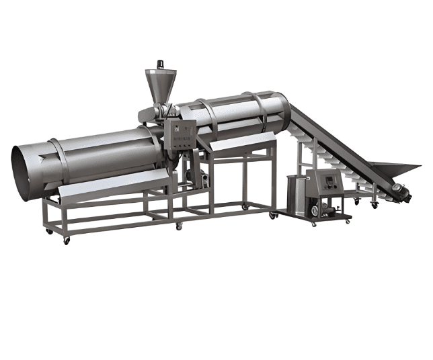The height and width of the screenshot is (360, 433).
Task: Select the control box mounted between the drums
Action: tap(182, 135)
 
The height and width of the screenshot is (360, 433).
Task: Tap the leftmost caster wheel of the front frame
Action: tap(49, 231)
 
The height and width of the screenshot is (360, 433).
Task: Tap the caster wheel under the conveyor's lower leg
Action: tap(373, 206)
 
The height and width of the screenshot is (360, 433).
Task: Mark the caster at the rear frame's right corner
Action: tap(272, 215)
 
